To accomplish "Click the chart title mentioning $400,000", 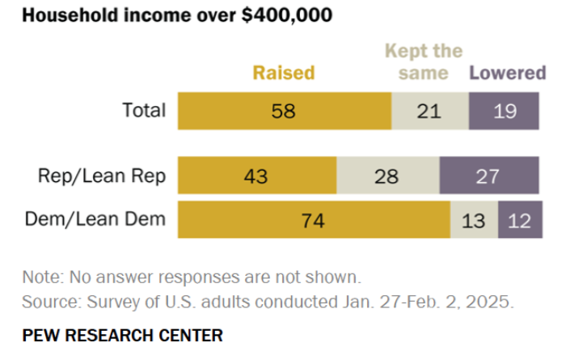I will [177, 15].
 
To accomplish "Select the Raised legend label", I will [284, 73].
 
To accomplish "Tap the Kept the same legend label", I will [424, 62].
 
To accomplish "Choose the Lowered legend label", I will [508, 73].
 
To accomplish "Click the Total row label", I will [143, 111].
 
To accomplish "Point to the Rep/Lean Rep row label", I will [101, 176].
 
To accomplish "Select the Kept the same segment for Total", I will [430, 111].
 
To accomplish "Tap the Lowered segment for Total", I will [504, 111].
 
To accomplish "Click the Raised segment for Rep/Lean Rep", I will [257, 176].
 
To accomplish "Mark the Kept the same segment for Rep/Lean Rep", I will [387, 176].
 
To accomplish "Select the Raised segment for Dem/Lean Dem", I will [314, 220].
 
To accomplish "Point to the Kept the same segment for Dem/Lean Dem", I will [474, 220].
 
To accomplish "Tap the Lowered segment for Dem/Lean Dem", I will [520, 220].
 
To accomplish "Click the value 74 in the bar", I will [311, 220].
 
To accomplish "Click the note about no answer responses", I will [191, 277].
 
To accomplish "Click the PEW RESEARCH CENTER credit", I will [122, 334].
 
